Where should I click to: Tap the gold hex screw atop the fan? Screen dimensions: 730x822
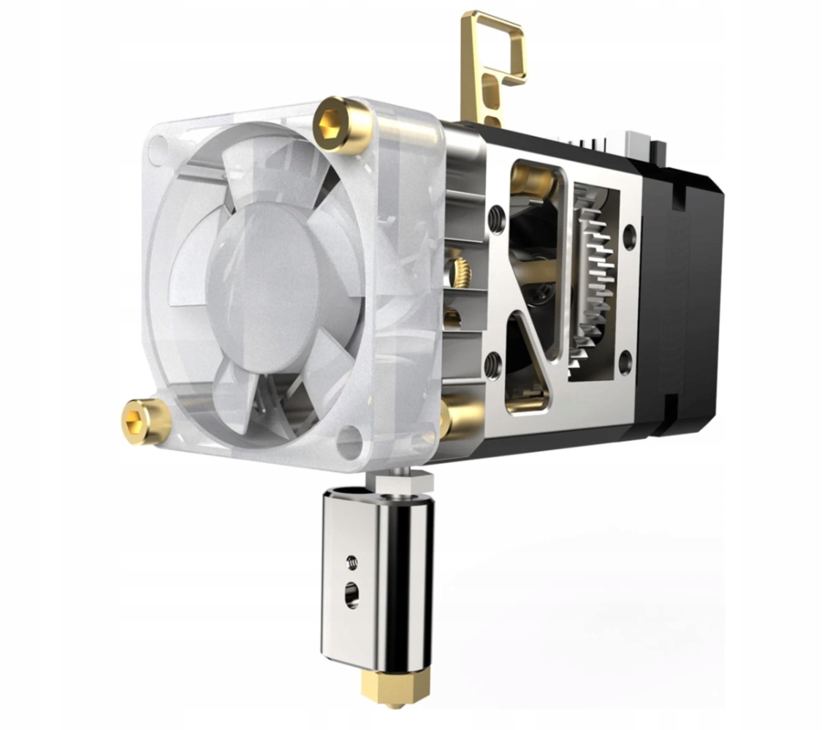click(x=341, y=124)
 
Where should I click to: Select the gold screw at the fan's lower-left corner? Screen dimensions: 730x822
click(x=145, y=423)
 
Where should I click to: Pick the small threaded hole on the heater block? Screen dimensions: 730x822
click(x=351, y=562)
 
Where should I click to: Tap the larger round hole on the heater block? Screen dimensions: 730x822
click(x=352, y=593)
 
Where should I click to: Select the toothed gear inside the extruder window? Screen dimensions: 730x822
click(x=595, y=285)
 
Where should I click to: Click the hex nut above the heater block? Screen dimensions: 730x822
click(x=400, y=483)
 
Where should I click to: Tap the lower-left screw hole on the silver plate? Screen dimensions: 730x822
click(x=493, y=364)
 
